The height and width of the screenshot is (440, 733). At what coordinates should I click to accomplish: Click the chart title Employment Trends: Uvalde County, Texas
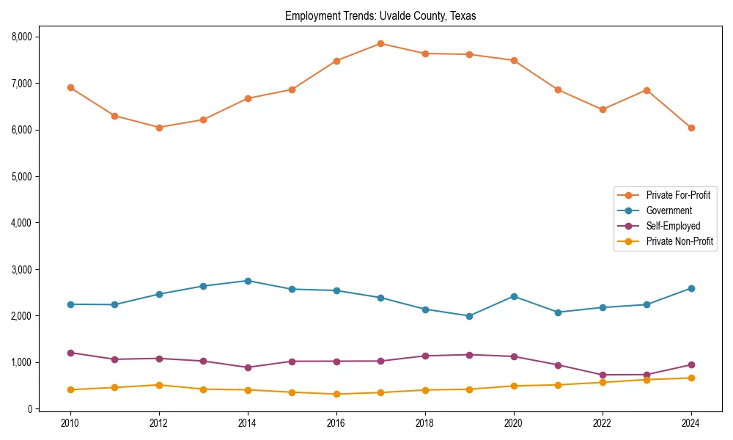pyautogui.click(x=380, y=16)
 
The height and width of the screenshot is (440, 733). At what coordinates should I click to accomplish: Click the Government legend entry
pyautogui.click(x=668, y=210)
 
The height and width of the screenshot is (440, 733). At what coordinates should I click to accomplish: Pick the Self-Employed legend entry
pyautogui.click(x=673, y=226)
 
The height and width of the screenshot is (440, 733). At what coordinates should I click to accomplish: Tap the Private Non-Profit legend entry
pyautogui.click(x=679, y=241)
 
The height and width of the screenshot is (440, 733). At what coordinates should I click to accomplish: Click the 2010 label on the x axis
pyautogui.click(x=70, y=423)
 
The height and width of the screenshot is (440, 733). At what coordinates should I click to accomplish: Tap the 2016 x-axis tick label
pyautogui.click(x=336, y=423)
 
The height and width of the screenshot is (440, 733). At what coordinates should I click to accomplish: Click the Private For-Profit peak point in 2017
pyautogui.click(x=380, y=43)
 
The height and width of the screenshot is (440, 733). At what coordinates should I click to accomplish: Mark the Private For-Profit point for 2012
pyautogui.click(x=159, y=127)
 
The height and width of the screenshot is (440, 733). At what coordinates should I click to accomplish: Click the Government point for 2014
pyautogui.click(x=248, y=281)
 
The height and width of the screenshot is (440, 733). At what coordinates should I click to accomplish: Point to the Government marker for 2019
pyautogui.click(x=469, y=316)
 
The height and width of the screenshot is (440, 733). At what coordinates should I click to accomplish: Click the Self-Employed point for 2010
pyautogui.click(x=70, y=353)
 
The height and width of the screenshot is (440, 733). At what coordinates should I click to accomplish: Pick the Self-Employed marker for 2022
pyautogui.click(x=603, y=375)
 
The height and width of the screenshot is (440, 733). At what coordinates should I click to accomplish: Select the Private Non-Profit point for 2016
pyautogui.click(x=336, y=394)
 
